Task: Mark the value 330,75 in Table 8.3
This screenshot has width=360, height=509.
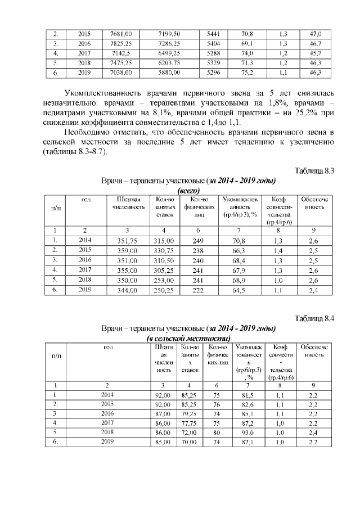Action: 164,250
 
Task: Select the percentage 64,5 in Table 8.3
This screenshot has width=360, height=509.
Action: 240,291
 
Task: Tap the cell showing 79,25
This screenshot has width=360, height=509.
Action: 189,416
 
